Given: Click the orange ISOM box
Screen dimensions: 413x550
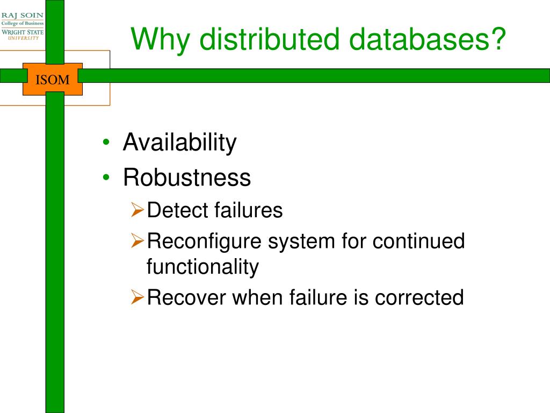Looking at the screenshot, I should (53, 80).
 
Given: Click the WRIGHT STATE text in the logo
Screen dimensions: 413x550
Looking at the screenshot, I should (23, 32).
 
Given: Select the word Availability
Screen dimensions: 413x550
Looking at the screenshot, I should (179, 143).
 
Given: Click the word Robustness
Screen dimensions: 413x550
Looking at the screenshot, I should (187, 177).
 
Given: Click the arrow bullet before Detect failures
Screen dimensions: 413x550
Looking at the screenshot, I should (137, 211).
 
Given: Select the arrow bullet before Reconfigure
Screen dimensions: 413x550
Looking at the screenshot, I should (137, 242).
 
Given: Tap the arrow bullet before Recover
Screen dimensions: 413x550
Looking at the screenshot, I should (137, 297).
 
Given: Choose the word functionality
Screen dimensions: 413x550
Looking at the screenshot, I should (202, 266).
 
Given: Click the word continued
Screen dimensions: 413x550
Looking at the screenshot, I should (418, 241).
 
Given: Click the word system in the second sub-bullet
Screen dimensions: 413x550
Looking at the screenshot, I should (301, 241).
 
